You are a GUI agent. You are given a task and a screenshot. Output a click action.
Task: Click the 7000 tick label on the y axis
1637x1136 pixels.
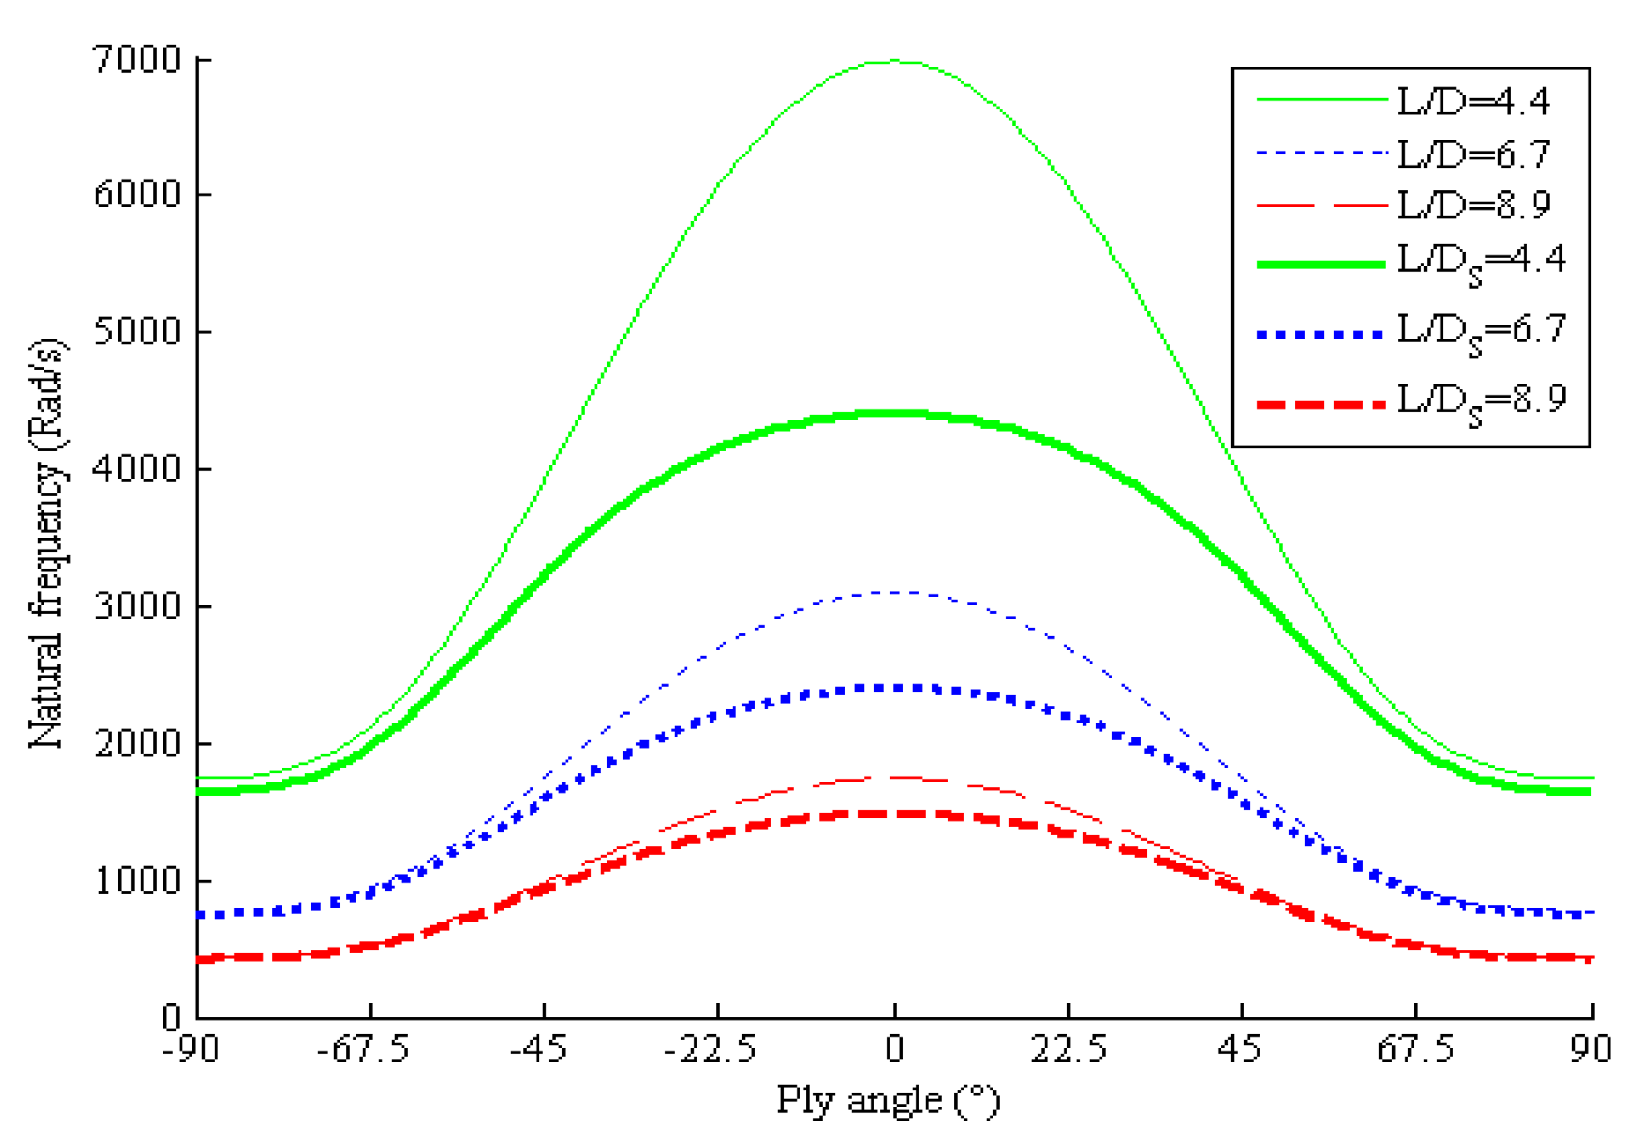coord(137,60)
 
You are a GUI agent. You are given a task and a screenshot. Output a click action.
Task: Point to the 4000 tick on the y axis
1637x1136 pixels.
coord(137,468)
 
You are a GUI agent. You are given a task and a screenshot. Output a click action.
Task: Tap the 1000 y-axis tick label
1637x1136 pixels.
coord(137,880)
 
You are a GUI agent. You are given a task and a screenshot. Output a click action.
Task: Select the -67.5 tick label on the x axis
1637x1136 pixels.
coord(363,1049)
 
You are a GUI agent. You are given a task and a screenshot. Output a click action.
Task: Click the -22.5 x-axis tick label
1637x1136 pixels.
coord(710,1049)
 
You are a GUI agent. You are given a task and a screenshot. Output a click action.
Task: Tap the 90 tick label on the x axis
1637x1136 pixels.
coord(1590,1049)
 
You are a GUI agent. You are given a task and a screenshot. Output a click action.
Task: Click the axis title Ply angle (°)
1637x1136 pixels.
coord(887,1101)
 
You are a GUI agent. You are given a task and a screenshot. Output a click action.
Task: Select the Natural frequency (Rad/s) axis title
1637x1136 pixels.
coord(46,542)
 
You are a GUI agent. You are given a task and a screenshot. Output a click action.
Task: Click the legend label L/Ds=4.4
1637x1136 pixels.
coord(1481,262)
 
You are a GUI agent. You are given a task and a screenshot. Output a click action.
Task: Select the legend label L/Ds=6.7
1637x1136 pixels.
coord(1481,332)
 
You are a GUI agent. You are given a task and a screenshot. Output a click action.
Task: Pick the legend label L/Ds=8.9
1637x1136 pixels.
coord(1481,402)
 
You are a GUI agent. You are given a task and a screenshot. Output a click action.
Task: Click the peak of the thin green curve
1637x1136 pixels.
coord(894,61)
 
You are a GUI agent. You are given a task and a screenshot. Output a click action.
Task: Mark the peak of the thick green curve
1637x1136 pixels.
coord(894,413)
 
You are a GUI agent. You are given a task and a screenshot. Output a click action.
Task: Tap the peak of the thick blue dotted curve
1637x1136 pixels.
coord(894,688)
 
